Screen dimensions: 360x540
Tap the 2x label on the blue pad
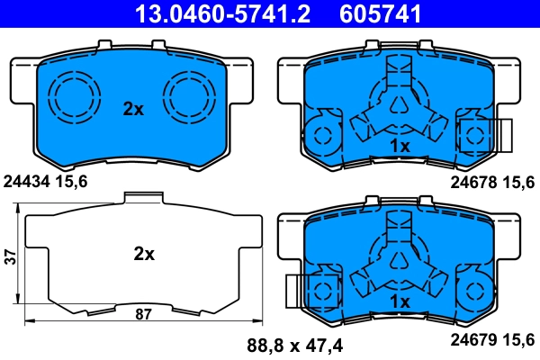pos(133,109)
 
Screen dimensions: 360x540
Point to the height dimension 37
pos(10,256)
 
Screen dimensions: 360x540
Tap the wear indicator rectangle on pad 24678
pos(499,135)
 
